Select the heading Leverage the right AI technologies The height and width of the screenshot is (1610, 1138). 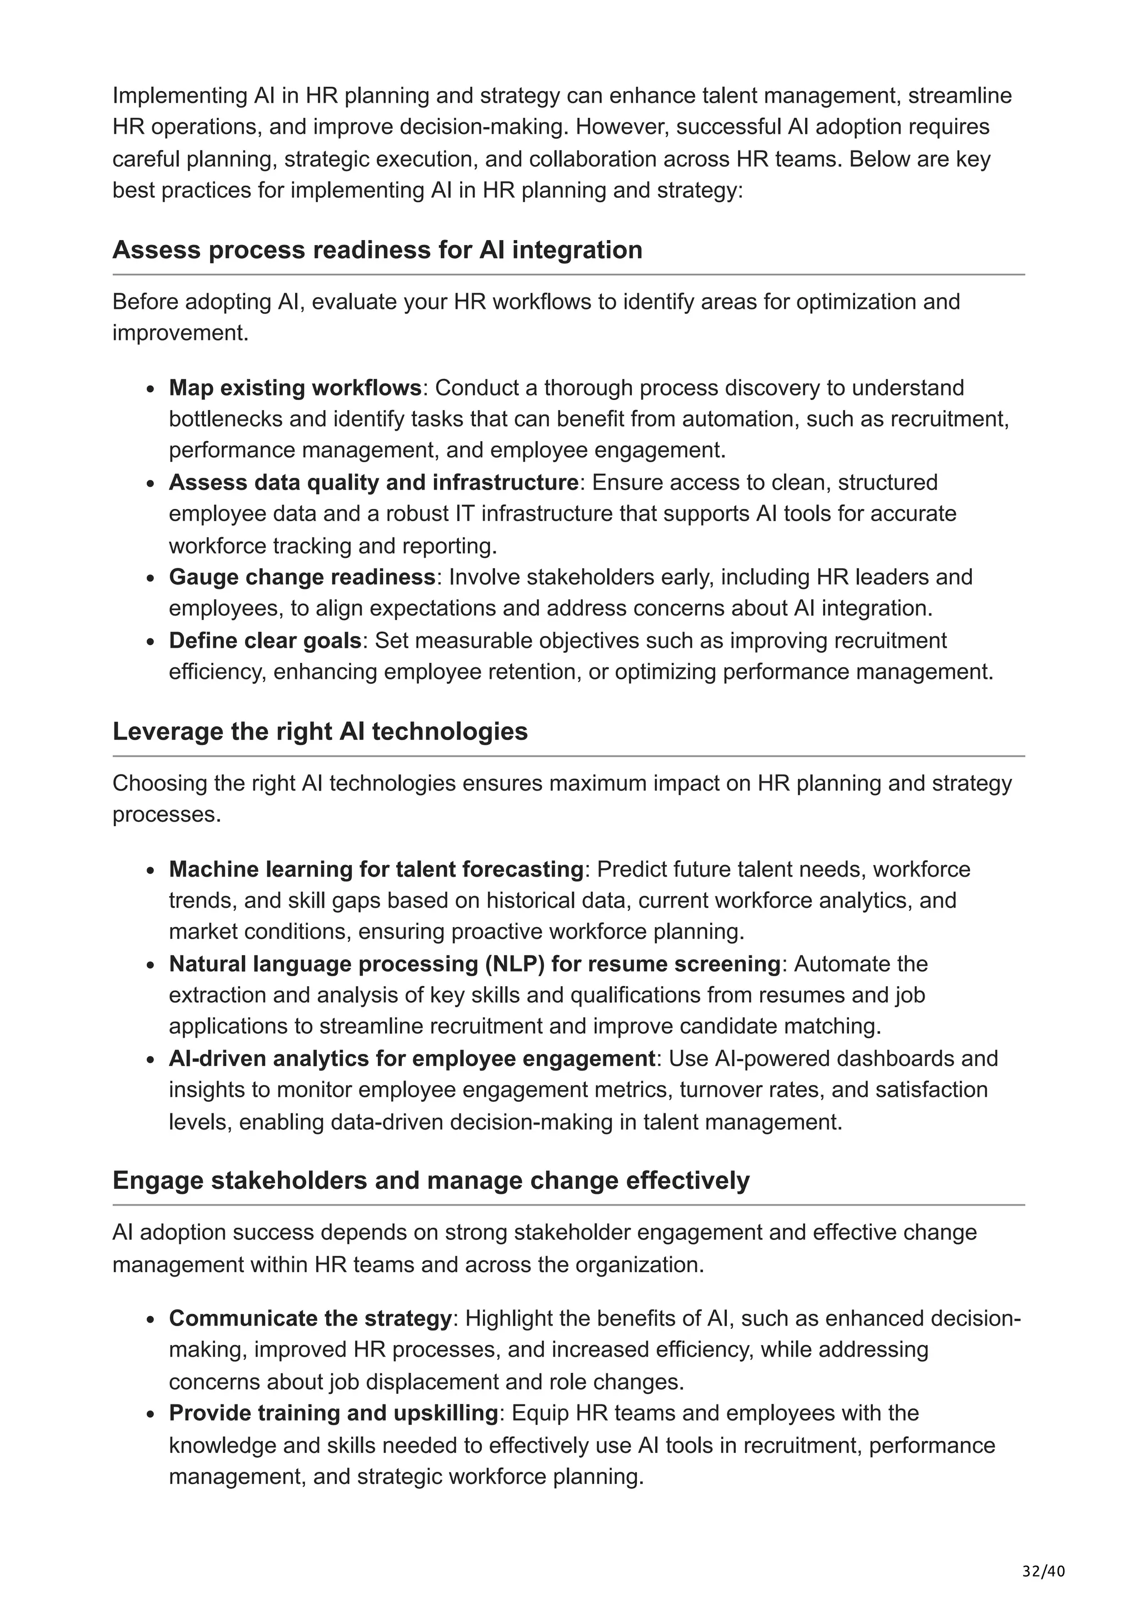coord(320,731)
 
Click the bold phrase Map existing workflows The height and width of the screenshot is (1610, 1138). coord(295,388)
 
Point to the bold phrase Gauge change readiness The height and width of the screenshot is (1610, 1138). coord(302,577)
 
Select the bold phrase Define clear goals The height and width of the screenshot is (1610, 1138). coord(265,641)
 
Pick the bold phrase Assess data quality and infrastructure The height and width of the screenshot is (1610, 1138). coord(373,482)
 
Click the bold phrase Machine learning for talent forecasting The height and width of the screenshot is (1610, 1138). coord(376,869)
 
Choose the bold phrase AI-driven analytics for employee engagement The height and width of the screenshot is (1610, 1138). coord(412,1058)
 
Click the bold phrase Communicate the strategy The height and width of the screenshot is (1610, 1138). coord(310,1318)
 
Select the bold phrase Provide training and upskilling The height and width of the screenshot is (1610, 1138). coord(333,1413)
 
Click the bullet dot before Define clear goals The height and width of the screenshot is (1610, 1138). coord(150,642)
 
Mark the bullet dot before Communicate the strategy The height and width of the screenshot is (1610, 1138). coord(150,1319)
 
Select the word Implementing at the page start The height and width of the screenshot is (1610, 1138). coord(176,96)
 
